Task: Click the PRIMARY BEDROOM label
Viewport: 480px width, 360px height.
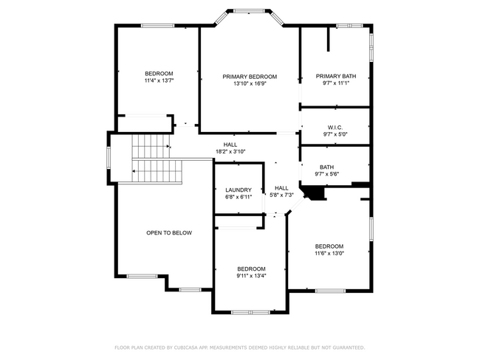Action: pyautogui.click(x=250, y=77)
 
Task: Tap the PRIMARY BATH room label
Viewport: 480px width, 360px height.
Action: pyautogui.click(x=335, y=77)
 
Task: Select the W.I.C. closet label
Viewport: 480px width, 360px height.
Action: pyautogui.click(x=335, y=127)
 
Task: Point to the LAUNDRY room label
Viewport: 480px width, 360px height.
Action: pyautogui.click(x=238, y=190)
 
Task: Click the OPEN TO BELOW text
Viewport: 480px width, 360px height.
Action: pyautogui.click(x=168, y=233)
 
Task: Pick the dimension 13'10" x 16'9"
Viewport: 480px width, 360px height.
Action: pyautogui.click(x=250, y=84)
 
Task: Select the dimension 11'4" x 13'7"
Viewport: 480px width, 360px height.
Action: pyautogui.click(x=159, y=80)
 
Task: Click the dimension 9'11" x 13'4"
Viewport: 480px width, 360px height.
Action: pyautogui.click(x=251, y=276)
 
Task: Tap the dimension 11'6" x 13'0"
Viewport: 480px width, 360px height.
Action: pyautogui.click(x=329, y=254)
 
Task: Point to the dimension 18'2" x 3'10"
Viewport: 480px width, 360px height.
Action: pyautogui.click(x=230, y=151)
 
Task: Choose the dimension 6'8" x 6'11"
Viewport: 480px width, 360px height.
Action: pyautogui.click(x=238, y=198)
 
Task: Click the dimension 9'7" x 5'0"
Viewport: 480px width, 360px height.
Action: pyautogui.click(x=335, y=134)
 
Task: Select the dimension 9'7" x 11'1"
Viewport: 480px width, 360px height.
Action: pyautogui.click(x=335, y=84)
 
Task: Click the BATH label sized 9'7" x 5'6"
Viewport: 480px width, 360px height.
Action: pyautogui.click(x=327, y=167)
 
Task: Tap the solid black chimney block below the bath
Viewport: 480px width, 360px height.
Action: pyautogui.click(x=317, y=192)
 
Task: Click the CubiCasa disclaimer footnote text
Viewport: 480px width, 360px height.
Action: pyautogui.click(x=239, y=347)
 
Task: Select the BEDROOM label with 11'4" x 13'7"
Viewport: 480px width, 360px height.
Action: pyautogui.click(x=159, y=73)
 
